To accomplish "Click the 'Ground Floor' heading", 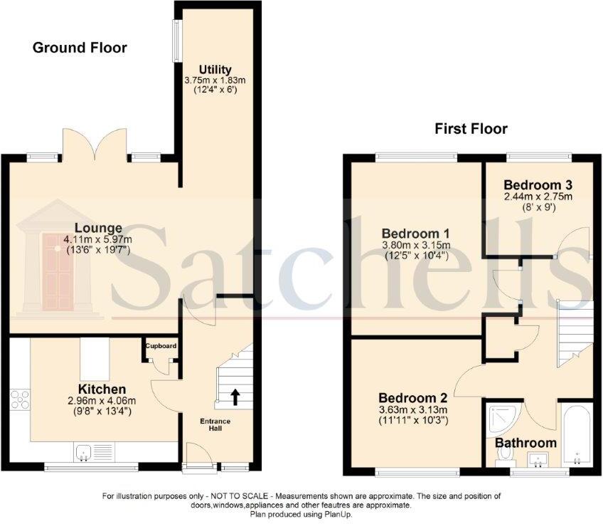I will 80,48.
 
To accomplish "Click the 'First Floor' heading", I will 471,129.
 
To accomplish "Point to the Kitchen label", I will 102,389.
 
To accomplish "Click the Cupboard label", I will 161,346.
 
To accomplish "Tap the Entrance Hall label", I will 215,425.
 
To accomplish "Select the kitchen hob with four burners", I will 21,399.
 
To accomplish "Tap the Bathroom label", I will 525,443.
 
